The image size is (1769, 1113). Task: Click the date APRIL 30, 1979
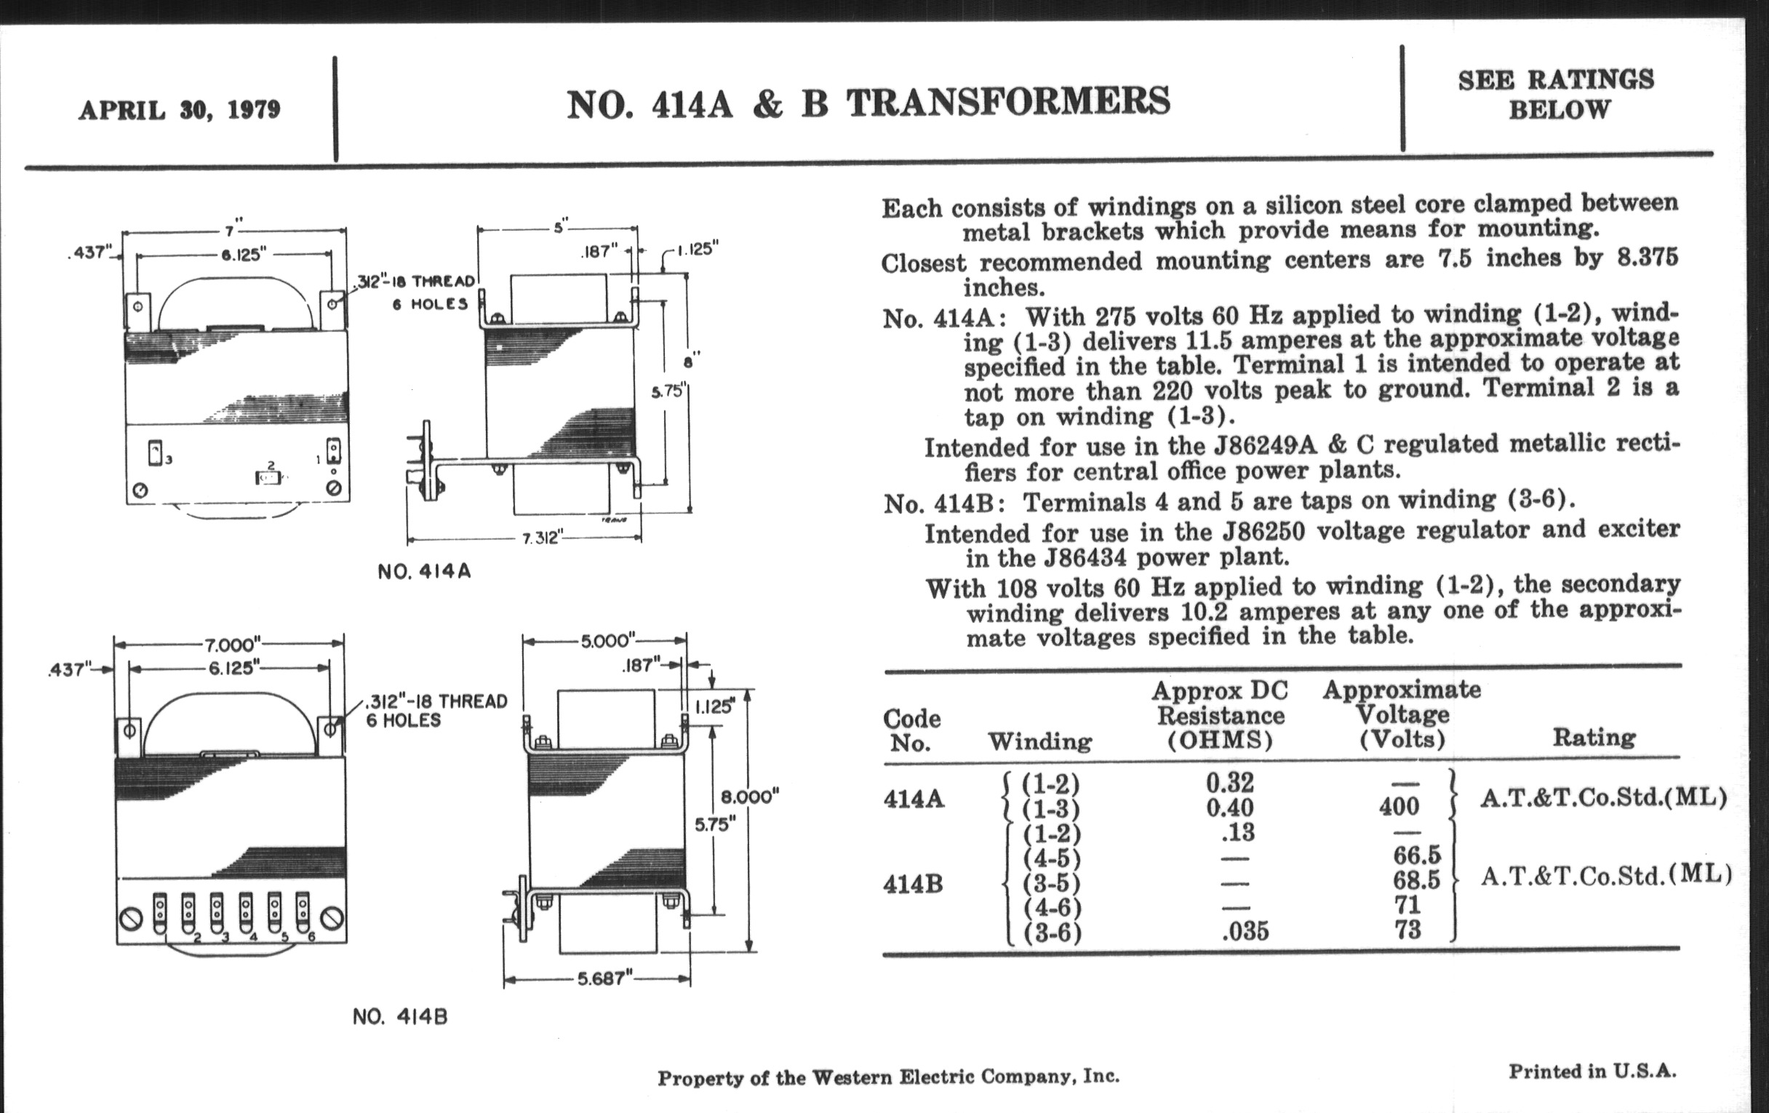(179, 110)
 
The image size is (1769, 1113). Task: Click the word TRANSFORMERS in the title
(1008, 102)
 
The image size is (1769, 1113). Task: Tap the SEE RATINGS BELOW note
(1557, 94)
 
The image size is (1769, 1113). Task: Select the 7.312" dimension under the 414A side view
(541, 538)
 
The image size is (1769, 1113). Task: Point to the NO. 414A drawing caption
(424, 572)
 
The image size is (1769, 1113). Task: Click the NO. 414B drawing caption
(399, 1017)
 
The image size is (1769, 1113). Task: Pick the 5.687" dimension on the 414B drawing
(602, 978)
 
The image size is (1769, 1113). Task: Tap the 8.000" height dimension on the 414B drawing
(749, 797)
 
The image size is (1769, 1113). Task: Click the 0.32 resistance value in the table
(1230, 783)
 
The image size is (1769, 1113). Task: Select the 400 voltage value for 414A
(1399, 807)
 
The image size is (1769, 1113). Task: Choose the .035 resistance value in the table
(1245, 932)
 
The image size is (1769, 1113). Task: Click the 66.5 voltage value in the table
(1416, 855)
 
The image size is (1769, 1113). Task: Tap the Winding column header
(1039, 742)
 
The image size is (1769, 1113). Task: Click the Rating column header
(1594, 737)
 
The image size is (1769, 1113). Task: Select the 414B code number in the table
(913, 883)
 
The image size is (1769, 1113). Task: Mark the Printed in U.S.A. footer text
(1593, 1071)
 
